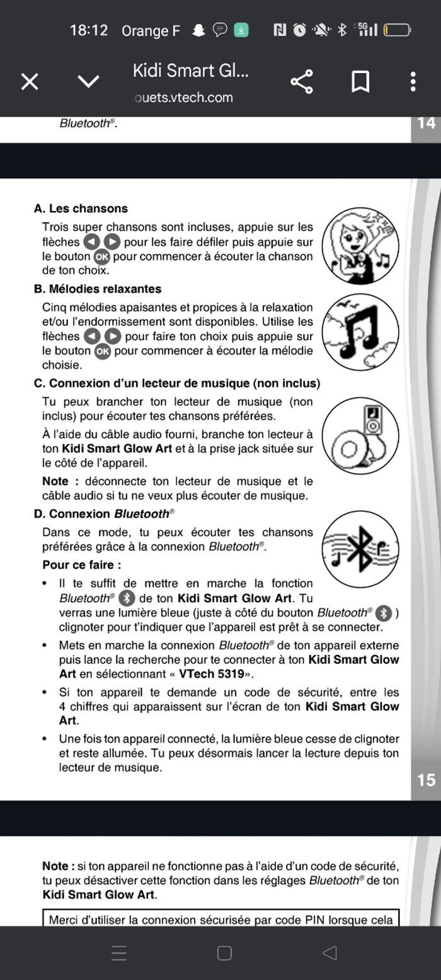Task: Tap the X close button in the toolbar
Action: click(30, 81)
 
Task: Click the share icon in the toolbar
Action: click(302, 81)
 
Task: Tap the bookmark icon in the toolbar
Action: click(360, 81)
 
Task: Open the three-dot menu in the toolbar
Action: click(413, 81)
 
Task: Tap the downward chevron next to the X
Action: click(88, 81)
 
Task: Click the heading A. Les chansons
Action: click(81, 208)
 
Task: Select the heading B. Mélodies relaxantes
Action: click(98, 289)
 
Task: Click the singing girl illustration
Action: click(360, 246)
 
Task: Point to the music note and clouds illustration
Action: click(360, 332)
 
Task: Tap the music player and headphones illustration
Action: click(360, 435)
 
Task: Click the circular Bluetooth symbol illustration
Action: click(360, 549)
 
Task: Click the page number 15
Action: click(426, 780)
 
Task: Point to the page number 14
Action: click(426, 123)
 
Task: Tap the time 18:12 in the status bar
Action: click(89, 30)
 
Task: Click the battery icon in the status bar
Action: click(398, 30)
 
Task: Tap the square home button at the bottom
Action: click(224, 953)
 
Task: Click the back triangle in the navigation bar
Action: click(329, 953)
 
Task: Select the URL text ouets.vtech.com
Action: click(184, 98)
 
